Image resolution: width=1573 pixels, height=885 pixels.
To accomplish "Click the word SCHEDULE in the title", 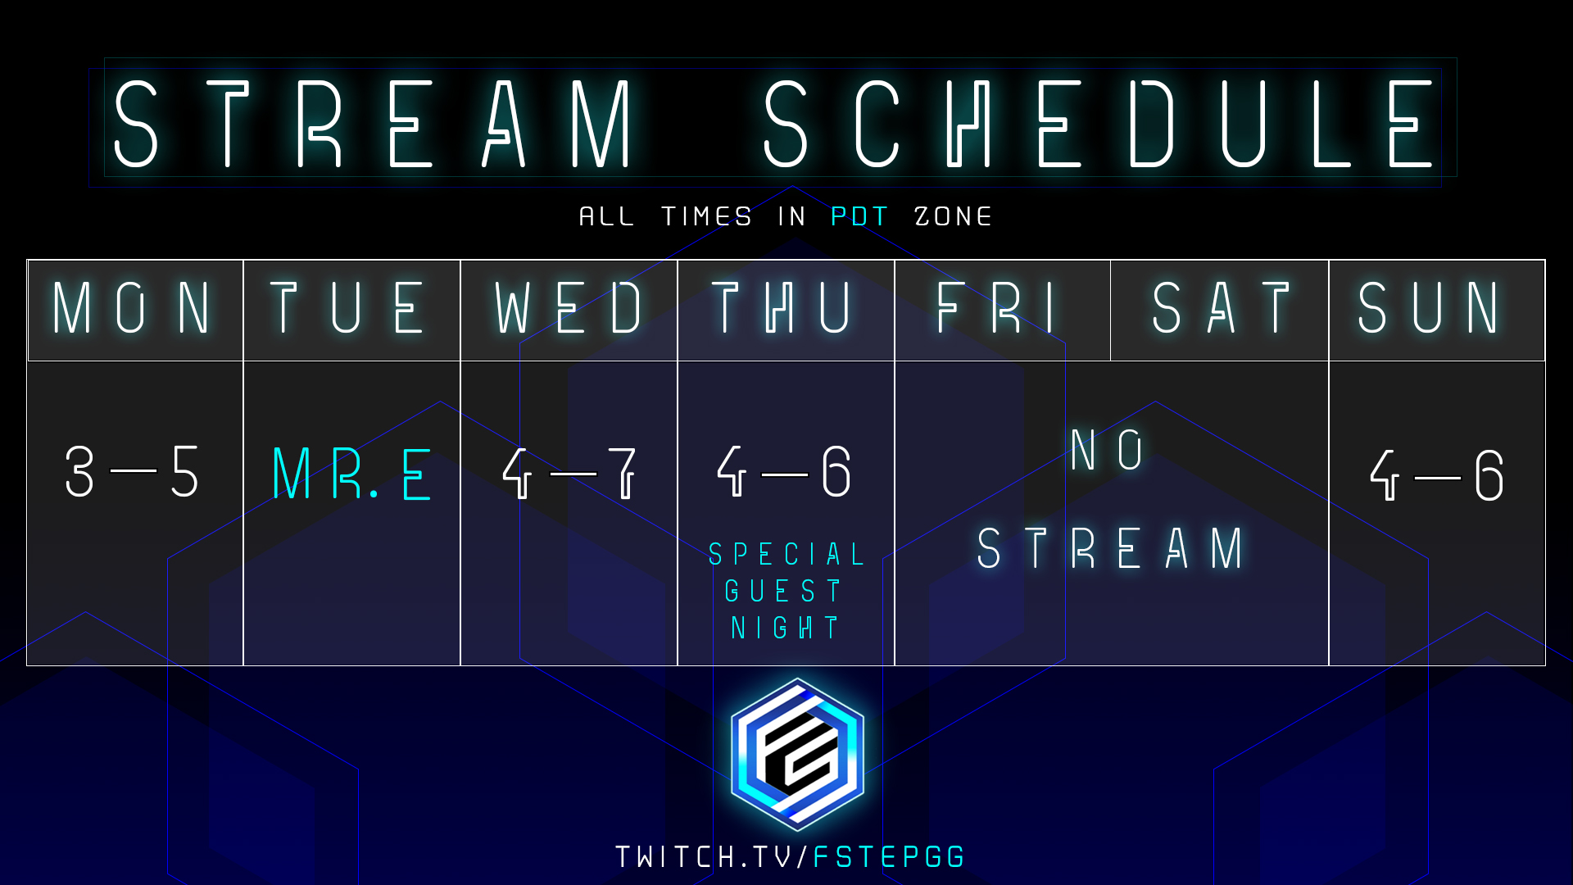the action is point(1101,124).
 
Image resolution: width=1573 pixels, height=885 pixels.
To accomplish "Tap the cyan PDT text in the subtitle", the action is point(859,216).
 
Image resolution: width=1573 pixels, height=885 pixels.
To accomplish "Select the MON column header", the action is point(132,307).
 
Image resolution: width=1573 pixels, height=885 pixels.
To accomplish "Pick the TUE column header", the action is point(347,307).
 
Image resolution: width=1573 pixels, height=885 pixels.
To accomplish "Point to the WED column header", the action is point(569,307).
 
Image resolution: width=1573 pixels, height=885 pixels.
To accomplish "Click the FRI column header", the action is point(997,307).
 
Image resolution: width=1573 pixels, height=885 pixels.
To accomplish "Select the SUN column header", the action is point(1430,307).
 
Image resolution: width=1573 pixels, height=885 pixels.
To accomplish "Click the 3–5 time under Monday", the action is point(132,472).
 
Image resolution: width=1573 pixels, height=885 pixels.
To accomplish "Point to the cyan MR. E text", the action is point(351,474).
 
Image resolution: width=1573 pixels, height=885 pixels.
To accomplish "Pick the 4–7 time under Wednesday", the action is point(569,473).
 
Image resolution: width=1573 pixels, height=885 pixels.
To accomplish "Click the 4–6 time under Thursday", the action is point(784,471).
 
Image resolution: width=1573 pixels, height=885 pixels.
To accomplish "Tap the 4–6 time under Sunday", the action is point(1437,474).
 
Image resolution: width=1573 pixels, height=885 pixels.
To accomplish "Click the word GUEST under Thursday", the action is point(783,591).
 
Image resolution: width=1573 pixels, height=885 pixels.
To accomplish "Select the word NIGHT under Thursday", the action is point(785,628).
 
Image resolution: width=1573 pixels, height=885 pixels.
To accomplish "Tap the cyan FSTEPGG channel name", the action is point(889,857).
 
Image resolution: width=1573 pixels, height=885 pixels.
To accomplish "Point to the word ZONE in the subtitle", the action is point(953,216).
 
